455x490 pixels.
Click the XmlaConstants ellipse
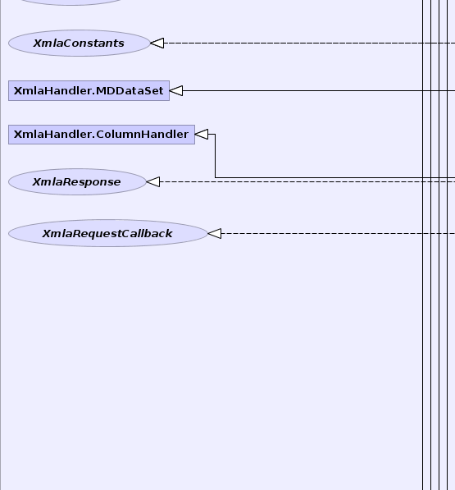[80, 44]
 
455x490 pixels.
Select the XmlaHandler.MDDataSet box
[89, 90]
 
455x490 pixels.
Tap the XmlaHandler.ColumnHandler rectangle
[102, 135]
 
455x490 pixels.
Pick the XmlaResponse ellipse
[77, 182]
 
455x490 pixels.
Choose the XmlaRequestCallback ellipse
[108, 233]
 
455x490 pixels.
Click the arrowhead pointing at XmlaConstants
[157, 44]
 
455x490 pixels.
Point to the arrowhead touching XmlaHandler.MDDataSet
[176, 90]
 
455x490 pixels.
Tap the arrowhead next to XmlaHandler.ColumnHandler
[202, 135]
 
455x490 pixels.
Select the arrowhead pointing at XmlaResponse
[153, 182]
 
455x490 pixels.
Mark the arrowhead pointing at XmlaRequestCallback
[215, 233]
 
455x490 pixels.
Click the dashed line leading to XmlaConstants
[309, 44]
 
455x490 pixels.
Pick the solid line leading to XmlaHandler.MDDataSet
[319, 90]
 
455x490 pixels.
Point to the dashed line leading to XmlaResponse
[307, 182]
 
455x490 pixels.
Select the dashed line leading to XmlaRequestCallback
[338, 233]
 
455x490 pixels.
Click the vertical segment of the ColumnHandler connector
[215, 156]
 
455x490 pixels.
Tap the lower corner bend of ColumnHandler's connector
[215, 178]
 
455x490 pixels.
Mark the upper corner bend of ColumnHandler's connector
[215, 135]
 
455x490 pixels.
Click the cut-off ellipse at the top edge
[72, 2]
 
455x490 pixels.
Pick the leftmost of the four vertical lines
[423, 245]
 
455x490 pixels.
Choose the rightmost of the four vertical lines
[447, 245]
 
